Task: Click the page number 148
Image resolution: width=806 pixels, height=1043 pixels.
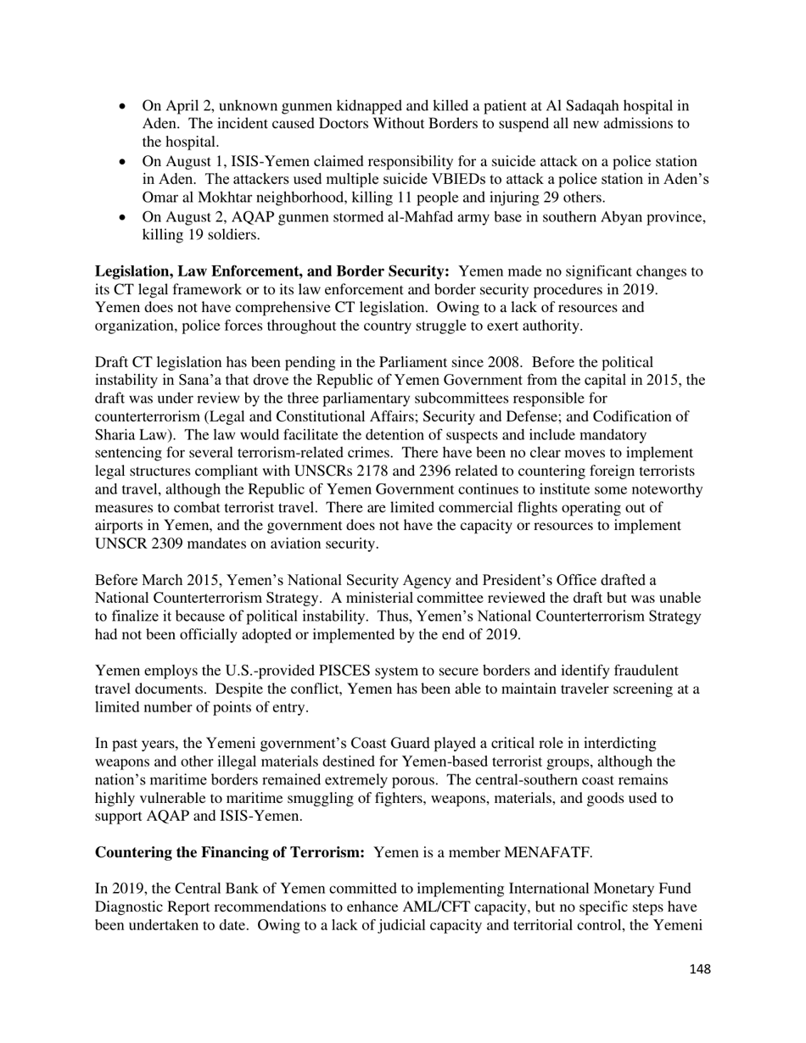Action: pos(700,969)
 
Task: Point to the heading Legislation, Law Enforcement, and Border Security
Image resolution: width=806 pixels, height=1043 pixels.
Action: pos(272,271)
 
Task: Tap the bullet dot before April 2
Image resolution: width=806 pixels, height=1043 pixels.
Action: pos(124,107)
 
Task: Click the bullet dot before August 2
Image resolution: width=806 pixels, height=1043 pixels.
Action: pos(124,218)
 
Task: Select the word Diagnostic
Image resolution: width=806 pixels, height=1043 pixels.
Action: pos(132,906)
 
